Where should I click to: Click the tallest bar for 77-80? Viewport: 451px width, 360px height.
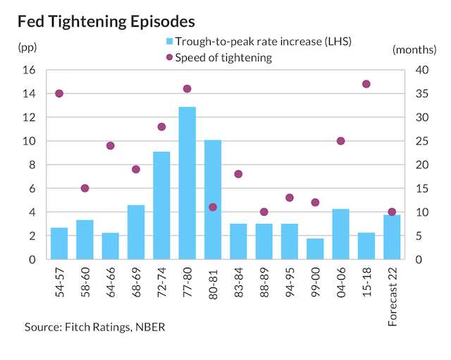click(x=187, y=183)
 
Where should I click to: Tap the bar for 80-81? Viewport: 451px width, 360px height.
click(x=213, y=200)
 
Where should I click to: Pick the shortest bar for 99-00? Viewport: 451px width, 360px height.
click(x=315, y=249)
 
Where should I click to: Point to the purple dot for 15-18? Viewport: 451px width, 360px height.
click(x=366, y=84)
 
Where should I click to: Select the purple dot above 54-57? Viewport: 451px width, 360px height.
click(x=59, y=94)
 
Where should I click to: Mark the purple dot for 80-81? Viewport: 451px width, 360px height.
click(x=213, y=207)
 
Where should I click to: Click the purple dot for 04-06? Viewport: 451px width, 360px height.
click(x=340, y=141)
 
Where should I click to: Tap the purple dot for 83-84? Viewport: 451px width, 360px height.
click(x=238, y=174)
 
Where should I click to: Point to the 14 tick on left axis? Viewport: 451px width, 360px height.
click(x=31, y=94)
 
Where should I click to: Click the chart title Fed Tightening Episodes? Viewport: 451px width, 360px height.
click(x=106, y=18)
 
